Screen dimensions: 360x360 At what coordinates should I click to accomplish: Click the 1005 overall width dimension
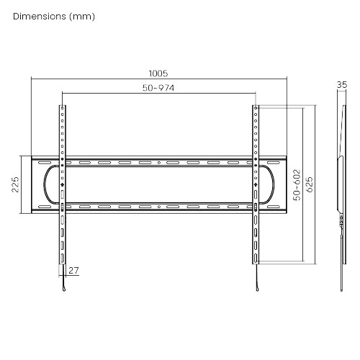158,73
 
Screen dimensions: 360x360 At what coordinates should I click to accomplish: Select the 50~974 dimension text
158,88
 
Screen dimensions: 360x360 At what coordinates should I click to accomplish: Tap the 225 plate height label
15,184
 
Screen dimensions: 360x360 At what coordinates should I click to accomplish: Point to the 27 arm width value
73,271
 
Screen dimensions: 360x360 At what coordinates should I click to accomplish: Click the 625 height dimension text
310,184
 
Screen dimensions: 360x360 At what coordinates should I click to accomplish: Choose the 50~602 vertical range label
297,185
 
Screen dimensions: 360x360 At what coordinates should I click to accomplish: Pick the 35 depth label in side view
342,85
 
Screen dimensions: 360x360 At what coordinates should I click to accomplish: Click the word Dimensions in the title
40,17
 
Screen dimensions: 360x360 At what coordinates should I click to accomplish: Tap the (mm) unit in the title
82,17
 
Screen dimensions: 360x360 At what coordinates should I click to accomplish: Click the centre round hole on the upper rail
159,163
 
